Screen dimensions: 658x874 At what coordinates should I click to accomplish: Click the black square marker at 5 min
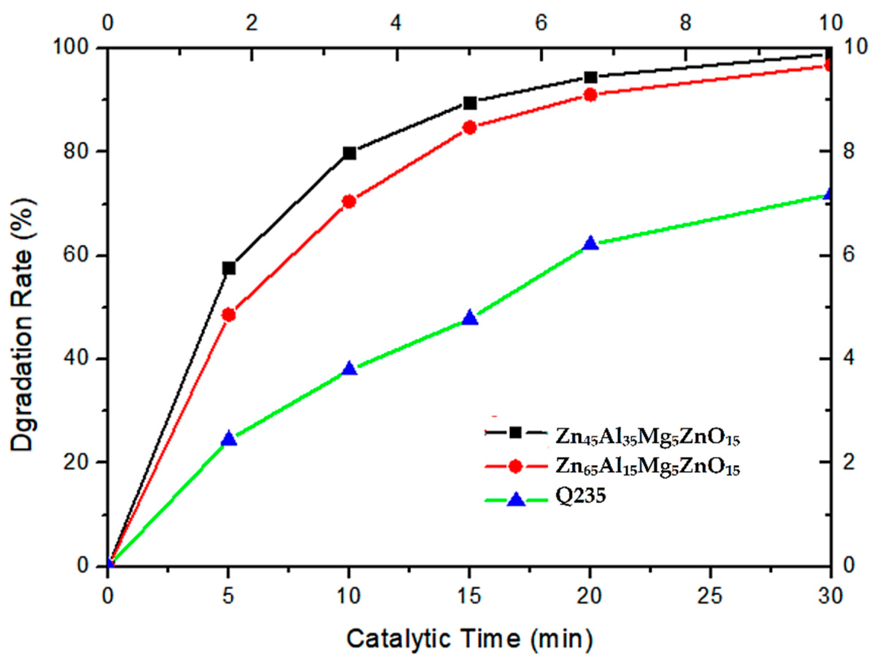[229, 268]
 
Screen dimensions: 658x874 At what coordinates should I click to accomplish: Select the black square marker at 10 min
[350, 153]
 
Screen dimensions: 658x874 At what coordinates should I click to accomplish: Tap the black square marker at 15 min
[470, 103]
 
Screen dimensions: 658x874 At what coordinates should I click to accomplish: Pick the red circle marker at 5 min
[229, 315]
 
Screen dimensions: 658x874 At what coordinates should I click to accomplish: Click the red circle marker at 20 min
[590, 95]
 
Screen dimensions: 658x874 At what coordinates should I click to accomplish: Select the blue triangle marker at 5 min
[229, 439]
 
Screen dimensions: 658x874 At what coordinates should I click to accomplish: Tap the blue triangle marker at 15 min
[470, 318]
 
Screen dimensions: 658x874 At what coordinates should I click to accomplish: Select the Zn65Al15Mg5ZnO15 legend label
[648, 468]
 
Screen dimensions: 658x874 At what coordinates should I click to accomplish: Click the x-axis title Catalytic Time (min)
[470, 638]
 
